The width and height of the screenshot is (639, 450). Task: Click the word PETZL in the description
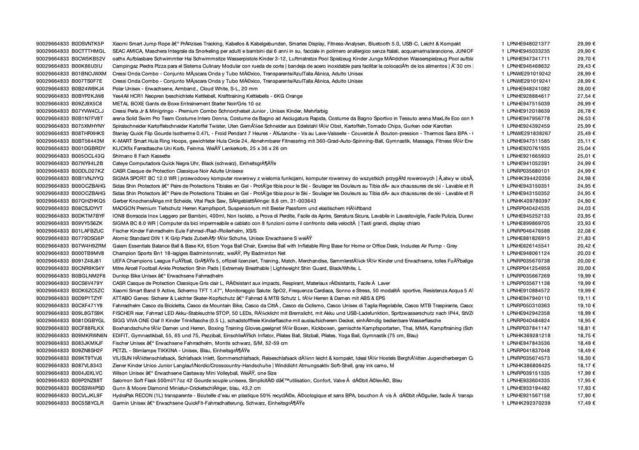120,350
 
